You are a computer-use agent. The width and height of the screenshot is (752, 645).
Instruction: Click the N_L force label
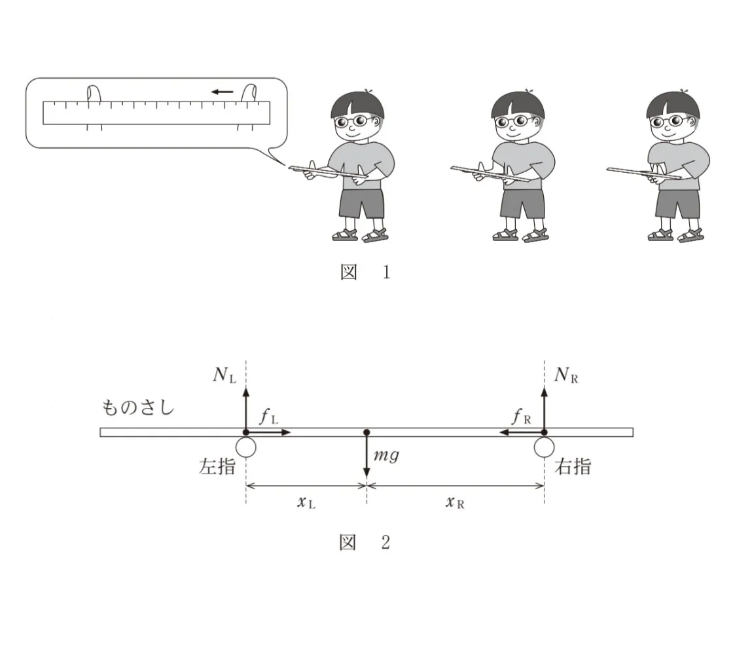(x=224, y=375)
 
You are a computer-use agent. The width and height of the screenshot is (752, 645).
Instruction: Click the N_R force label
(x=566, y=375)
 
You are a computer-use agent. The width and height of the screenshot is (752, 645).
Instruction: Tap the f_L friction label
(x=268, y=416)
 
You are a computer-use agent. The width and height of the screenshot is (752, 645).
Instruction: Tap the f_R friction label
(x=522, y=416)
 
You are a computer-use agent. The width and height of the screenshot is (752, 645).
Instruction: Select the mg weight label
(x=386, y=454)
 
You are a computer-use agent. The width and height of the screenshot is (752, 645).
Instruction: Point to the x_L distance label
(x=306, y=502)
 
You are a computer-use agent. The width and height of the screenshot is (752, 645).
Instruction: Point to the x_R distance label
(x=455, y=502)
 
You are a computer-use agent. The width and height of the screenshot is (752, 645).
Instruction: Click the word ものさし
(x=138, y=407)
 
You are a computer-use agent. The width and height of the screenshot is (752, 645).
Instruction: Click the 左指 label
(x=217, y=466)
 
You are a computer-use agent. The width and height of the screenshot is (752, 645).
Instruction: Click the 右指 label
(x=573, y=466)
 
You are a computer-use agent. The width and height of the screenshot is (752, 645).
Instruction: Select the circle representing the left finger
(x=246, y=447)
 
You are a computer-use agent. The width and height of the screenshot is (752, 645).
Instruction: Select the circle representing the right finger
(x=545, y=447)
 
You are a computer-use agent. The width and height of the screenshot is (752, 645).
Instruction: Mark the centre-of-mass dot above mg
(x=367, y=432)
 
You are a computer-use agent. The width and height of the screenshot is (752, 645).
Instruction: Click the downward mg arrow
(x=367, y=455)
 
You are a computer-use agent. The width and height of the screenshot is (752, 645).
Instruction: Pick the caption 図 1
(x=365, y=272)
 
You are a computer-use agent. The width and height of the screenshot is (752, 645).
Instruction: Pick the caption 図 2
(x=365, y=542)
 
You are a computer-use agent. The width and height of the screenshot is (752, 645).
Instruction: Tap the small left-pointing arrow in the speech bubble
(x=222, y=92)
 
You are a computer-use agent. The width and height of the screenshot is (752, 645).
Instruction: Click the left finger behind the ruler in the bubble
(x=94, y=94)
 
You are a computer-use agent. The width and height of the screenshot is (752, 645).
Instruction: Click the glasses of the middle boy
(x=513, y=121)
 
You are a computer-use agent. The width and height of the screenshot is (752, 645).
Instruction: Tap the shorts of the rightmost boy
(x=678, y=204)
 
